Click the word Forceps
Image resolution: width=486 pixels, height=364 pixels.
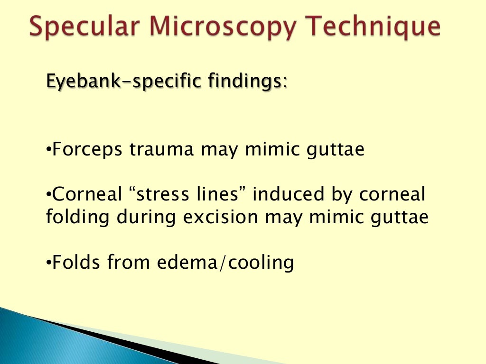[89, 150]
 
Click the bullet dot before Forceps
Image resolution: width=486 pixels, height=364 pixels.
[48, 150]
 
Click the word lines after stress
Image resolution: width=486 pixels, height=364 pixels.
[219, 195]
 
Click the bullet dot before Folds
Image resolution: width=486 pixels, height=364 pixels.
[48, 262]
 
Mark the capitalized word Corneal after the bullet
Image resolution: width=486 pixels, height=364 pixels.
[83, 195]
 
